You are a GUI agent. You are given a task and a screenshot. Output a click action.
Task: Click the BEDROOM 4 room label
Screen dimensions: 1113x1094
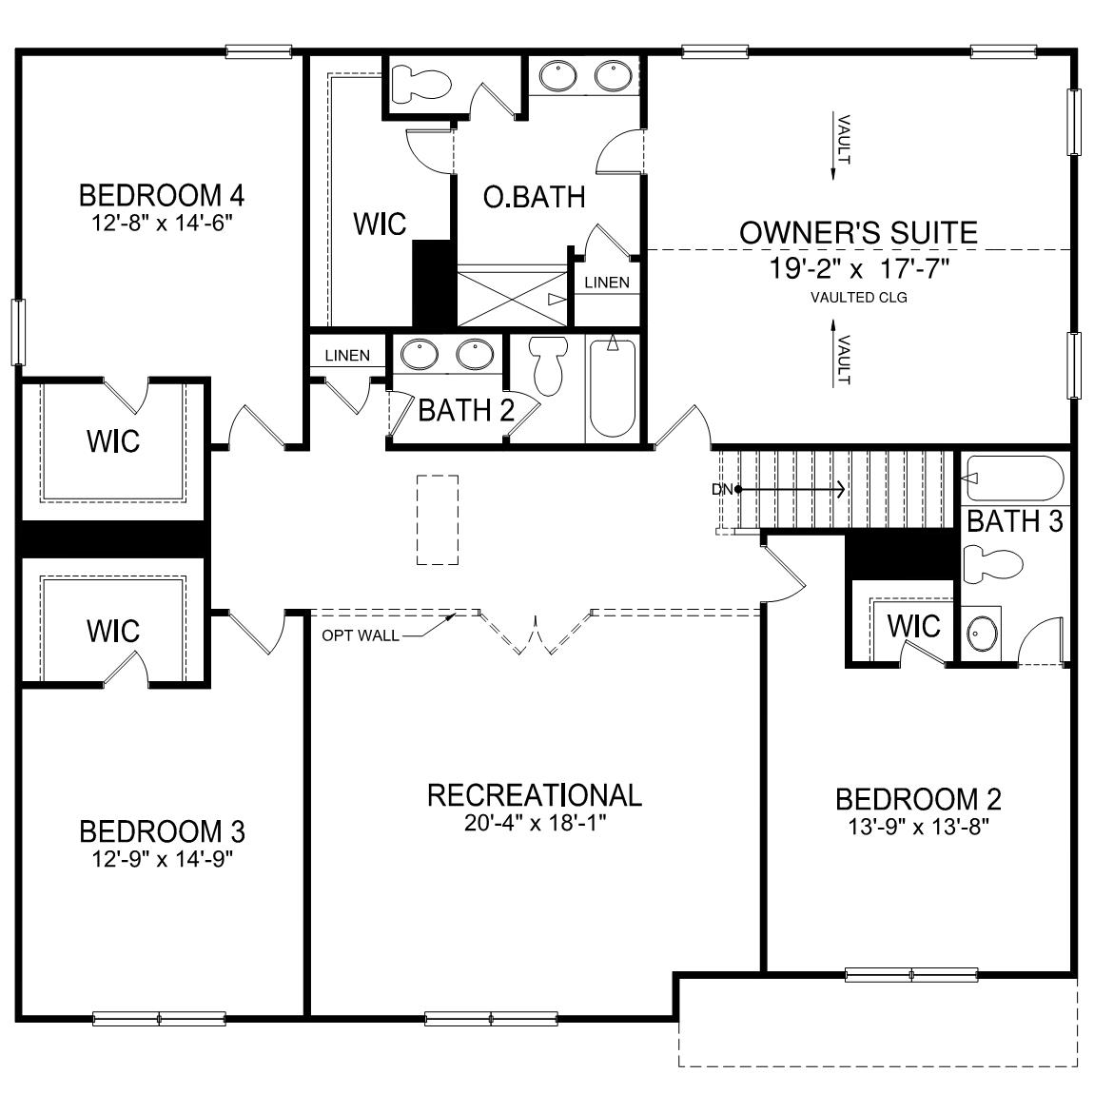tap(162, 196)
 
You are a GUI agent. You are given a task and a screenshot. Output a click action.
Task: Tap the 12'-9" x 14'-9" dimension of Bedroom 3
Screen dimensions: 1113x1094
tap(162, 859)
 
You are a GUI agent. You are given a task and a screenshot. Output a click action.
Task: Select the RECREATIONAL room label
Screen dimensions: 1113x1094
tap(535, 795)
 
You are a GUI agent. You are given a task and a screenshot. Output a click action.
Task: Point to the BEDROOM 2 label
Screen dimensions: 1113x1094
tap(918, 799)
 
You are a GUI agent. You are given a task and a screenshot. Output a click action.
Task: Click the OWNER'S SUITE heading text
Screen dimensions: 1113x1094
tap(858, 233)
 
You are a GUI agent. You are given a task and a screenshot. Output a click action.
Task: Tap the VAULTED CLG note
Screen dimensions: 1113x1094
tap(858, 298)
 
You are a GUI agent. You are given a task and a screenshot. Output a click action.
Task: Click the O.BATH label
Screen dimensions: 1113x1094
tap(534, 197)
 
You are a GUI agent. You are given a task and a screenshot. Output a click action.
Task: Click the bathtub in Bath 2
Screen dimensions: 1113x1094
tap(612, 388)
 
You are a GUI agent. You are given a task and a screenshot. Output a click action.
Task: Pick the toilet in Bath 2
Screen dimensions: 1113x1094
tap(549, 366)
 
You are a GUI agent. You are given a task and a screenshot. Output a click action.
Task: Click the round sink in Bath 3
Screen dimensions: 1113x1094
tap(980, 632)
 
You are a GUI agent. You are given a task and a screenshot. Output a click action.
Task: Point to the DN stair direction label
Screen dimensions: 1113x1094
tap(721, 490)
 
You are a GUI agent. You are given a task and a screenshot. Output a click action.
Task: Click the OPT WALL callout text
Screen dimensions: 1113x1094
tap(361, 635)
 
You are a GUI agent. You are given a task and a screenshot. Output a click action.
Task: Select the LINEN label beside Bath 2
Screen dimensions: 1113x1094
tap(347, 356)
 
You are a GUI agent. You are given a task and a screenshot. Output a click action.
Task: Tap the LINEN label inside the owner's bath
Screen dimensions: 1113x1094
tap(606, 283)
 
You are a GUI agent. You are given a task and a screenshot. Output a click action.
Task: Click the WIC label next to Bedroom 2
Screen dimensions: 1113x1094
tap(913, 626)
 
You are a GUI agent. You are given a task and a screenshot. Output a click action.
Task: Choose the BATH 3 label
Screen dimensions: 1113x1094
tap(1015, 521)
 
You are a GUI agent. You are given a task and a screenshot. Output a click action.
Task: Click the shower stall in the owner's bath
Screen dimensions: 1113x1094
tap(512, 298)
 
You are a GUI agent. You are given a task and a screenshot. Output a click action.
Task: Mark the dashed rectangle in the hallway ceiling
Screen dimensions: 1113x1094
tap(438, 519)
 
